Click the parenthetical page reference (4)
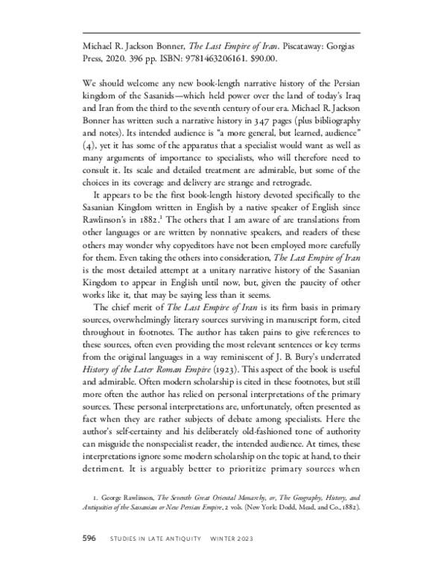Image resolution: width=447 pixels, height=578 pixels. [x=89, y=153]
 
